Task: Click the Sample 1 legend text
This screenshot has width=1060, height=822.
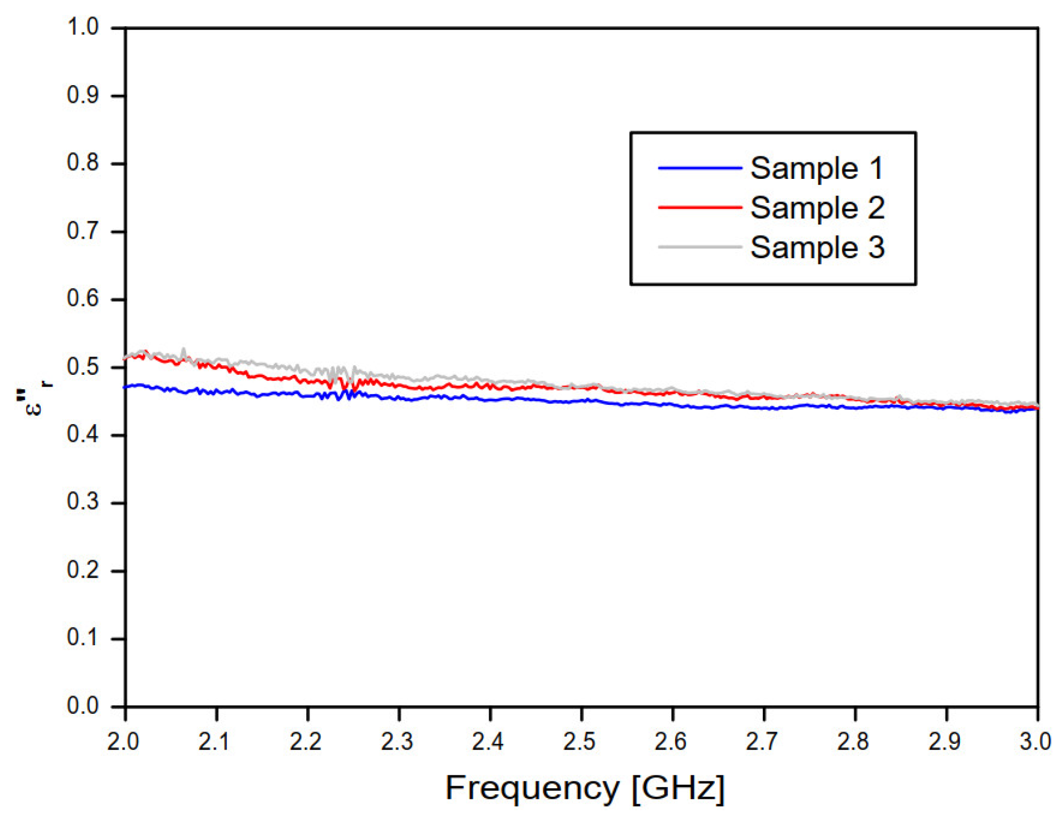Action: tap(816, 169)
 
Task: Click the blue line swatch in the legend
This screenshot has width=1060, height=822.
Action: tap(699, 168)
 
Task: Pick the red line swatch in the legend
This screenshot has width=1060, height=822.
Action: tap(699, 207)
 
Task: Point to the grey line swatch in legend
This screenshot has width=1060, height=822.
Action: tap(699, 247)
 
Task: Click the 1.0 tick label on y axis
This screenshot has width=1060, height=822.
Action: tap(83, 27)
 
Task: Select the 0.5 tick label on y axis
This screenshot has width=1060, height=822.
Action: tap(83, 367)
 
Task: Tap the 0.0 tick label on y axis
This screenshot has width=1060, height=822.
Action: tap(83, 706)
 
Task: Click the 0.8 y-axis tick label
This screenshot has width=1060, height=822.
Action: tap(83, 163)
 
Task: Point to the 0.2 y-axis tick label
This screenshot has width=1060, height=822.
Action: tap(83, 570)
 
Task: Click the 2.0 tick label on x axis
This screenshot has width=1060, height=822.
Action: tap(123, 742)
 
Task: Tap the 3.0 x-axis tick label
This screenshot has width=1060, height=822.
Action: tap(1035, 742)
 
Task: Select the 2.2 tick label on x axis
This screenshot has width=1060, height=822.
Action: tap(306, 742)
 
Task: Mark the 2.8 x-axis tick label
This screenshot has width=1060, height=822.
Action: tap(853, 742)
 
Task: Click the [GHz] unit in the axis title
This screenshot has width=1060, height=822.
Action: tap(678, 789)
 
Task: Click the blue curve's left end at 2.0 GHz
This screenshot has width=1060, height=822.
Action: tap(127, 387)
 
